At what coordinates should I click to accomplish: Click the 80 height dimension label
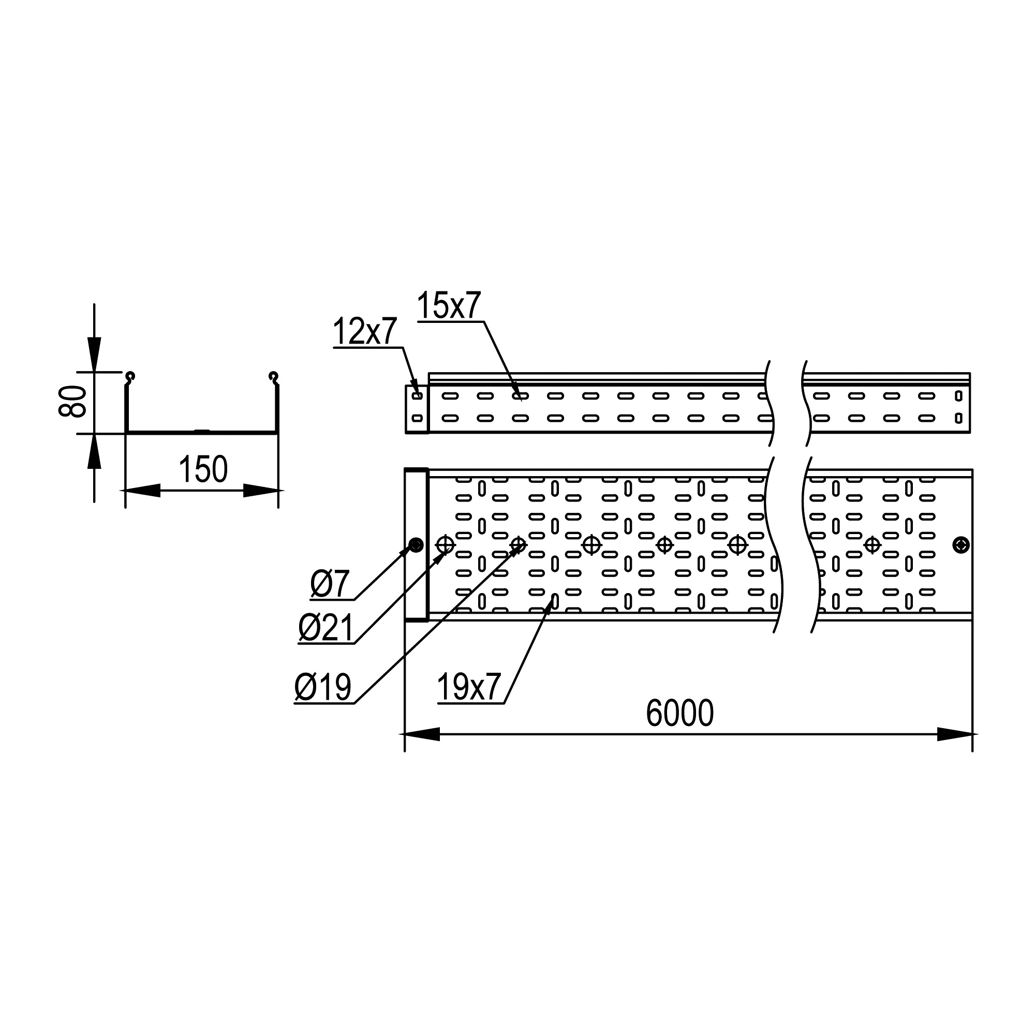pos(73,401)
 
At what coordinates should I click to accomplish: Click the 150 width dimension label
pos(203,469)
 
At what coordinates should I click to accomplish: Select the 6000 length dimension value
pos(679,713)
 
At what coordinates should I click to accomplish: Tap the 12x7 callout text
pos(365,331)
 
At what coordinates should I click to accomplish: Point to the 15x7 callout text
pos(449,305)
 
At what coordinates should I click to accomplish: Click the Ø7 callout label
pos(330,584)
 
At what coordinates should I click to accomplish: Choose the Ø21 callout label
pos(326,628)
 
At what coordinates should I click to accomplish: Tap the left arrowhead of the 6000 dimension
pos(422,734)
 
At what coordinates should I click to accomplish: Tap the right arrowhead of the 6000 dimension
pos(955,734)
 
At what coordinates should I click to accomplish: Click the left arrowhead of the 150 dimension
pos(142,490)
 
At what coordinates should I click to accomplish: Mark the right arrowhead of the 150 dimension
pos(261,490)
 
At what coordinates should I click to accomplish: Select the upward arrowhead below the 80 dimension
pos(94,451)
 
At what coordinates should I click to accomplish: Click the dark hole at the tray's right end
pos(961,545)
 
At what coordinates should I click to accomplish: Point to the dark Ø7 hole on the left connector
pos(416,545)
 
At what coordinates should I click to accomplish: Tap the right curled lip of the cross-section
pos(274,378)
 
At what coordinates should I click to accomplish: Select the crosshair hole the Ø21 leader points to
pos(445,545)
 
